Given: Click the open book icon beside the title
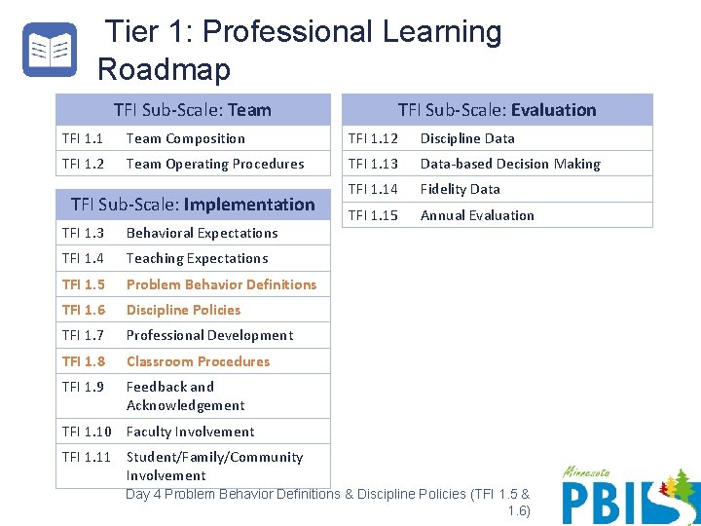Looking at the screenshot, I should [49, 50].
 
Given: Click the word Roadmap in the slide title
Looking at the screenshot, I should [165, 70].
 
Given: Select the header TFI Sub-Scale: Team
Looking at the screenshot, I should [193, 110].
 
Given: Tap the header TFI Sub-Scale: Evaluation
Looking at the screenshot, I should [497, 110].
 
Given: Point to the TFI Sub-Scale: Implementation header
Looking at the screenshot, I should [193, 205].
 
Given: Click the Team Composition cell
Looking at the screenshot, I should [186, 139].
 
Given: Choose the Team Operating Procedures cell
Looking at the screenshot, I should [215, 165].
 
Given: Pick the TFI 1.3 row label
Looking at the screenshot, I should [83, 234].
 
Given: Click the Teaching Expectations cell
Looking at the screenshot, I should [197, 259].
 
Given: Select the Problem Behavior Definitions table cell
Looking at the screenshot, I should [221, 285].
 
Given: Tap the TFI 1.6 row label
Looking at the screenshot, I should [83, 311].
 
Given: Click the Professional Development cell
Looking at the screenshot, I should [209, 336].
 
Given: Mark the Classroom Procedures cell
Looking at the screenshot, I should [198, 362].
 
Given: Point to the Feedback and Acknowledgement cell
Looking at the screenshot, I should [185, 396].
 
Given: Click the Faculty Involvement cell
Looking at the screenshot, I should [190, 432].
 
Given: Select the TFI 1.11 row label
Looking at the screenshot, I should [86, 458].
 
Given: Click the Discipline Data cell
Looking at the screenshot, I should [467, 139].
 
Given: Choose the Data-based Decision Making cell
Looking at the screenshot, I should [510, 165].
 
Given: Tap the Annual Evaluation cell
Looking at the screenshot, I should [477, 216].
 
